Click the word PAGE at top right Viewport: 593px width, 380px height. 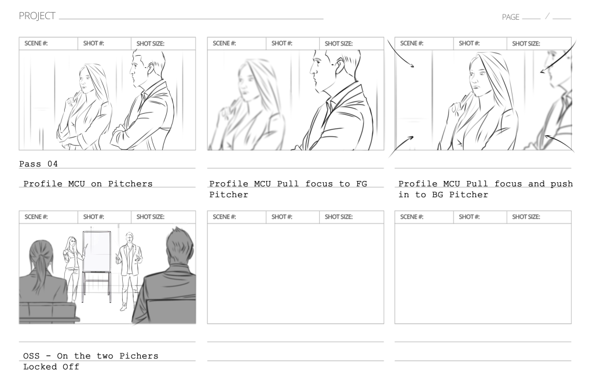pos(510,17)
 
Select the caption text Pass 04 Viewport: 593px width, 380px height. pos(39,165)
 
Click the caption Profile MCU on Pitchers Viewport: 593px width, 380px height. pos(88,184)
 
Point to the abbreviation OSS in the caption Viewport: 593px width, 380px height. pos(31,356)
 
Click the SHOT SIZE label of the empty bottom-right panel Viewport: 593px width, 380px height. pos(526,217)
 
